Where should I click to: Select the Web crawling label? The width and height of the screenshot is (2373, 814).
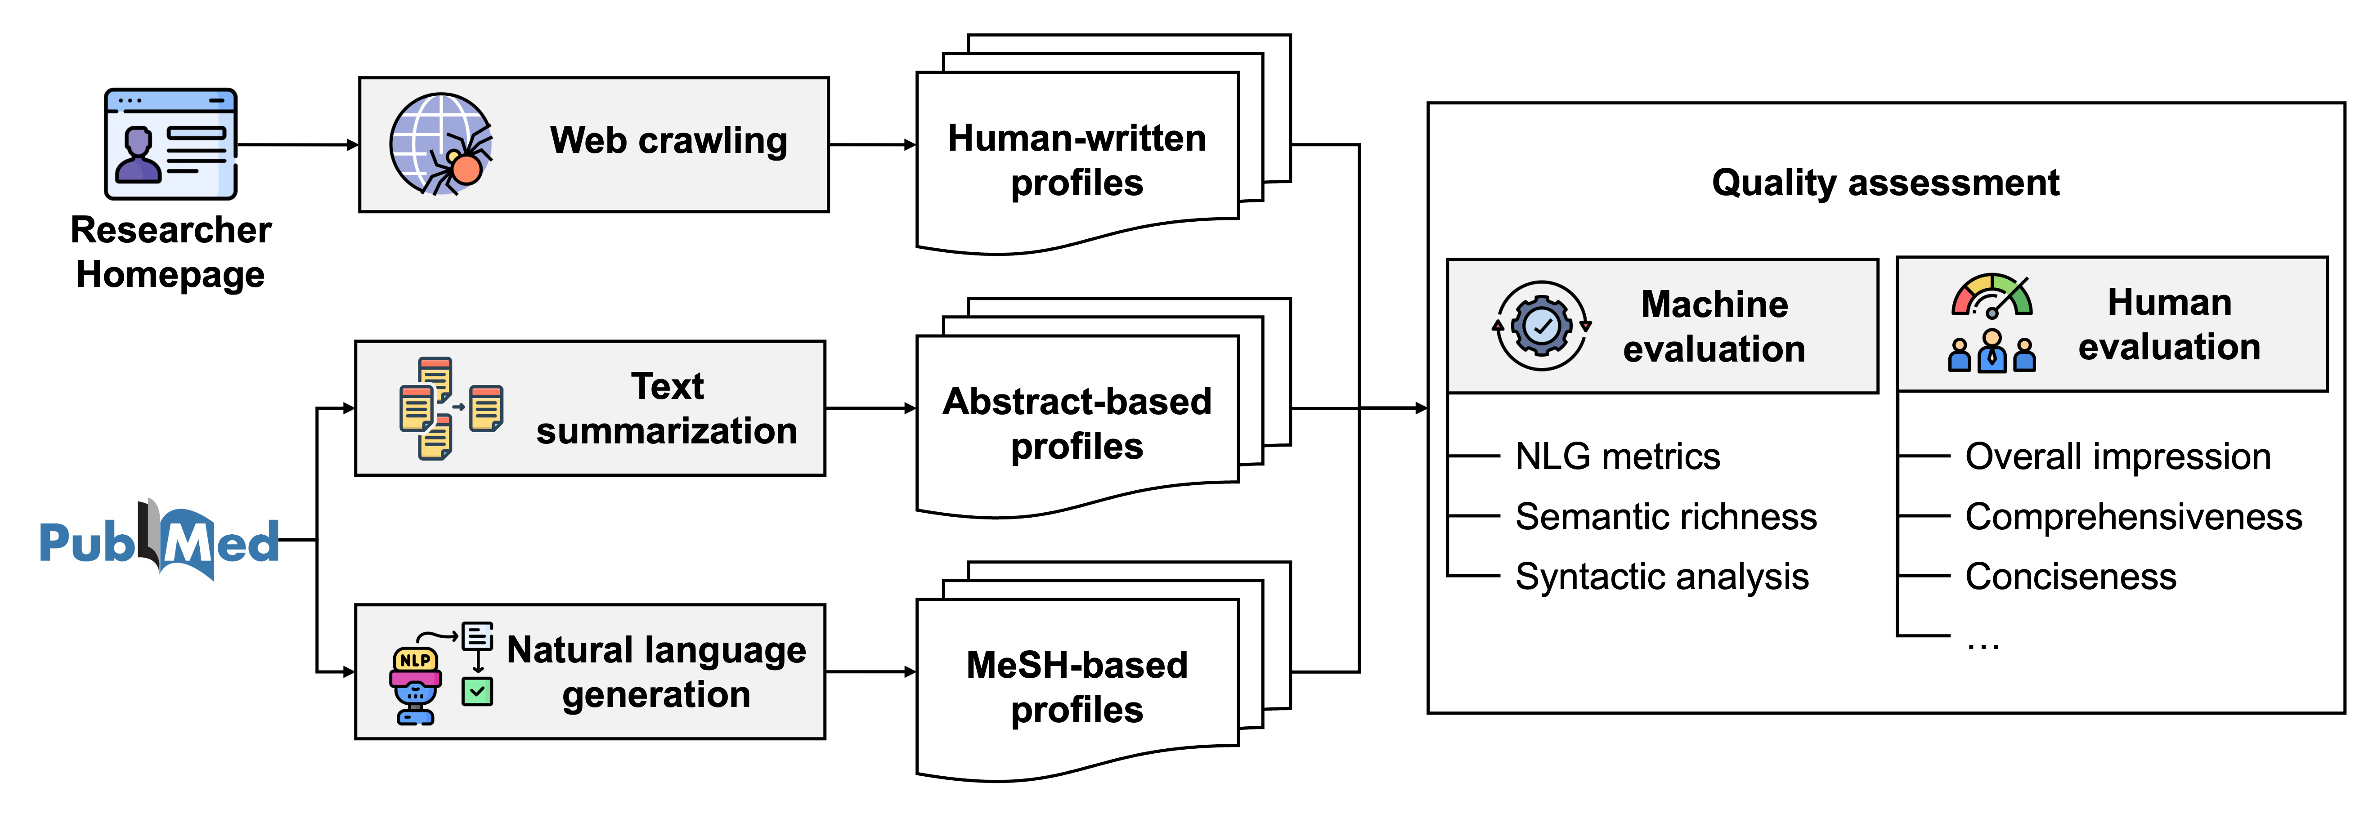(x=669, y=141)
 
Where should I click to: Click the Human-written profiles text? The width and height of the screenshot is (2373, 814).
(x=1077, y=160)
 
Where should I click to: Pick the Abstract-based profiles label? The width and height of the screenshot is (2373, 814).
(x=1077, y=424)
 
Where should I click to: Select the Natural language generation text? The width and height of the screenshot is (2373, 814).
(x=656, y=672)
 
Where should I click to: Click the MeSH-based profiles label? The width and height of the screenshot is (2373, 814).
(x=1077, y=687)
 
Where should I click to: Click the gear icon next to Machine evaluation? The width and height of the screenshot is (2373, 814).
(x=1541, y=326)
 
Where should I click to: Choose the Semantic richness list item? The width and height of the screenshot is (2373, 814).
(x=1665, y=517)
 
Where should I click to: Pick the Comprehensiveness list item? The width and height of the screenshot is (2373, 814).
(x=2134, y=517)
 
